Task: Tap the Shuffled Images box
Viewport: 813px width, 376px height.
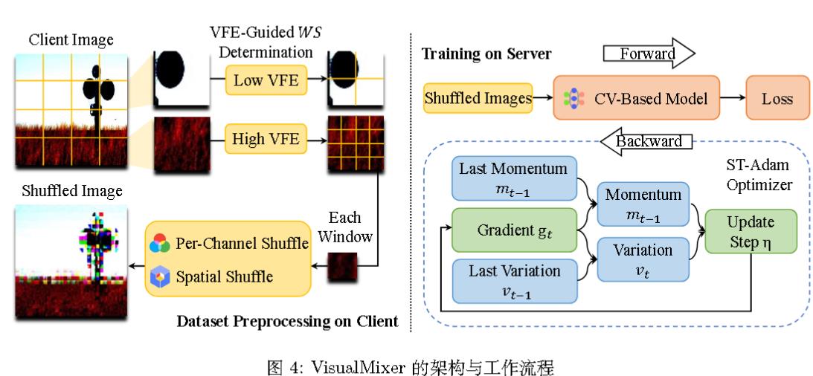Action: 478,98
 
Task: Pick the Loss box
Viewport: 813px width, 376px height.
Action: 777,98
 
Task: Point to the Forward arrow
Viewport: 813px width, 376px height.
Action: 647,54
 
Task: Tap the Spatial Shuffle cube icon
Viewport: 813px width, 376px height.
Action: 160,278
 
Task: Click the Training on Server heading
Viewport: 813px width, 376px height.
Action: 486,54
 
